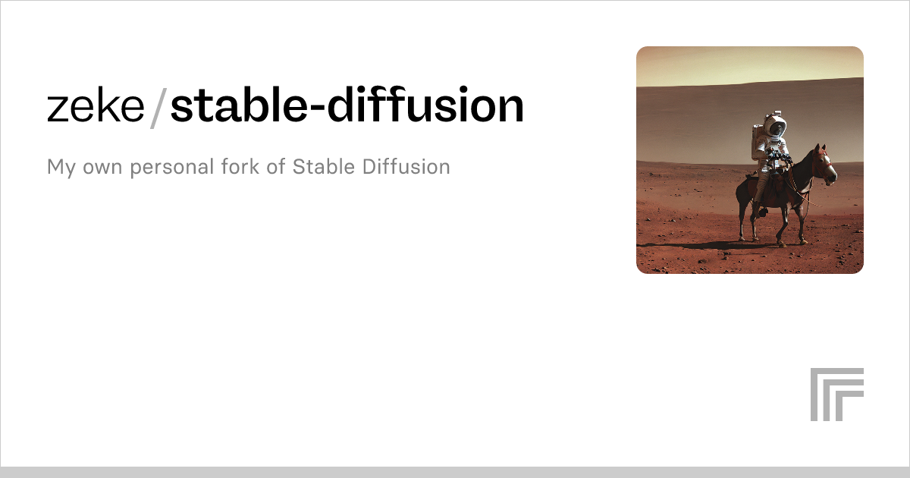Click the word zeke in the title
pos(96,107)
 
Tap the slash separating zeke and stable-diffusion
pos(158,108)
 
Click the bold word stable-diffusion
pos(347,107)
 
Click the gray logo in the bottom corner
pos(836,394)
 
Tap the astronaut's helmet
pos(774,126)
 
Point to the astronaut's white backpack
pos(758,143)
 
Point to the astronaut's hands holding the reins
pos(781,159)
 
